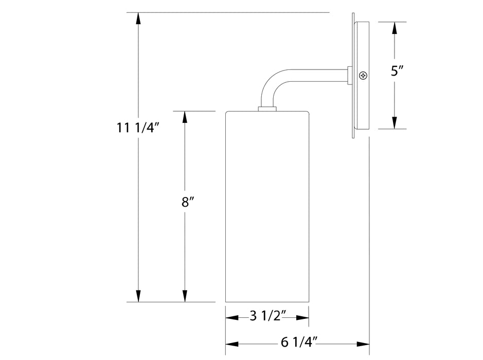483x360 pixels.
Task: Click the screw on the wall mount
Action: click(x=364, y=75)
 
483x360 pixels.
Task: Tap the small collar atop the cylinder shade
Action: click(x=267, y=109)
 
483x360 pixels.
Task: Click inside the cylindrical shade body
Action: click(x=267, y=206)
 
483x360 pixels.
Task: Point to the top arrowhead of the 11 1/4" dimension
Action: click(x=138, y=19)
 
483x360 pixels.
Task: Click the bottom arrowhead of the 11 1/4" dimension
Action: click(x=138, y=295)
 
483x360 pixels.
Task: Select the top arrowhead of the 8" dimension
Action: click(x=184, y=118)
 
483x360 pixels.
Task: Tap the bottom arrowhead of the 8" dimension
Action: click(x=184, y=295)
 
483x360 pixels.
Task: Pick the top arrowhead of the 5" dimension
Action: click(x=395, y=29)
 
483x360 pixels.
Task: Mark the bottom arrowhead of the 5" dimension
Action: click(x=395, y=122)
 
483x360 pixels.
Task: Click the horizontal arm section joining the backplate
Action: click(x=319, y=75)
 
